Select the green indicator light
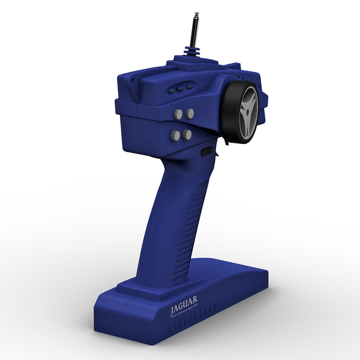(172, 91)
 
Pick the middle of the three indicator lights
(180, 89)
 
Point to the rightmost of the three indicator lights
(189, 86)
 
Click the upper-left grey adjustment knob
(178, 114)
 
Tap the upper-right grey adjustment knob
(190, 112)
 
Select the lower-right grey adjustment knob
(187, 134)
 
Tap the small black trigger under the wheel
(226, 143)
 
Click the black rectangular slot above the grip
(206, 152)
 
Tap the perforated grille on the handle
(187, 234)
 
